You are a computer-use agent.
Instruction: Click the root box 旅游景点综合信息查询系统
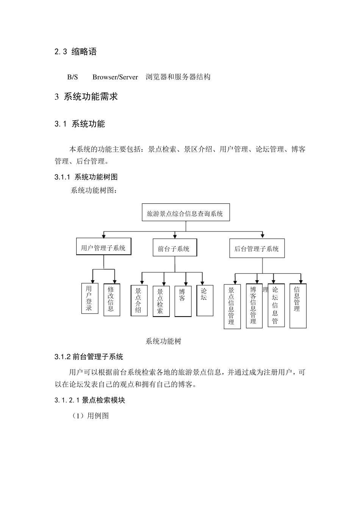click(185, 213)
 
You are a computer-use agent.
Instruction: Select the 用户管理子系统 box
click(103, 247)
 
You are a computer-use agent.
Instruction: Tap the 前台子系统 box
click(175, 248)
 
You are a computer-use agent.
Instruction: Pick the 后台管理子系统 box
click(257, 248)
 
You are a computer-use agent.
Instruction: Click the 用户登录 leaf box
click(89, 298)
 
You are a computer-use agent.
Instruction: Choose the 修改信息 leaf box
click(111, 300)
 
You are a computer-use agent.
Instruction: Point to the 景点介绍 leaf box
click(139, 300)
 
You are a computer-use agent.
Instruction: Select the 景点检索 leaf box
click(161, 301)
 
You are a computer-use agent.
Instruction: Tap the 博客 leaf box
click(183, 301)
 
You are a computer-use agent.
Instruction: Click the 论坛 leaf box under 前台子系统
click(205, 300)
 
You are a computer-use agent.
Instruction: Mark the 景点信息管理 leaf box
click(232, 306)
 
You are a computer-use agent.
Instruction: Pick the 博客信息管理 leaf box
click(254, 306)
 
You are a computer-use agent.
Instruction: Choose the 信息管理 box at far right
click(298, 306)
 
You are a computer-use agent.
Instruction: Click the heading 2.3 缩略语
click(76, 52)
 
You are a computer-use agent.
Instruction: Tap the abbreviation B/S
click(72, 77)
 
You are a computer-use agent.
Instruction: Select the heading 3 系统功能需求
click(86, 97)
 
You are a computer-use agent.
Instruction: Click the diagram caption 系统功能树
click(163, 341)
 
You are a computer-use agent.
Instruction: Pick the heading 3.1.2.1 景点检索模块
click(90, 400)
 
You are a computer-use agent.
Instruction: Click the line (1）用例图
click(91, 416)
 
